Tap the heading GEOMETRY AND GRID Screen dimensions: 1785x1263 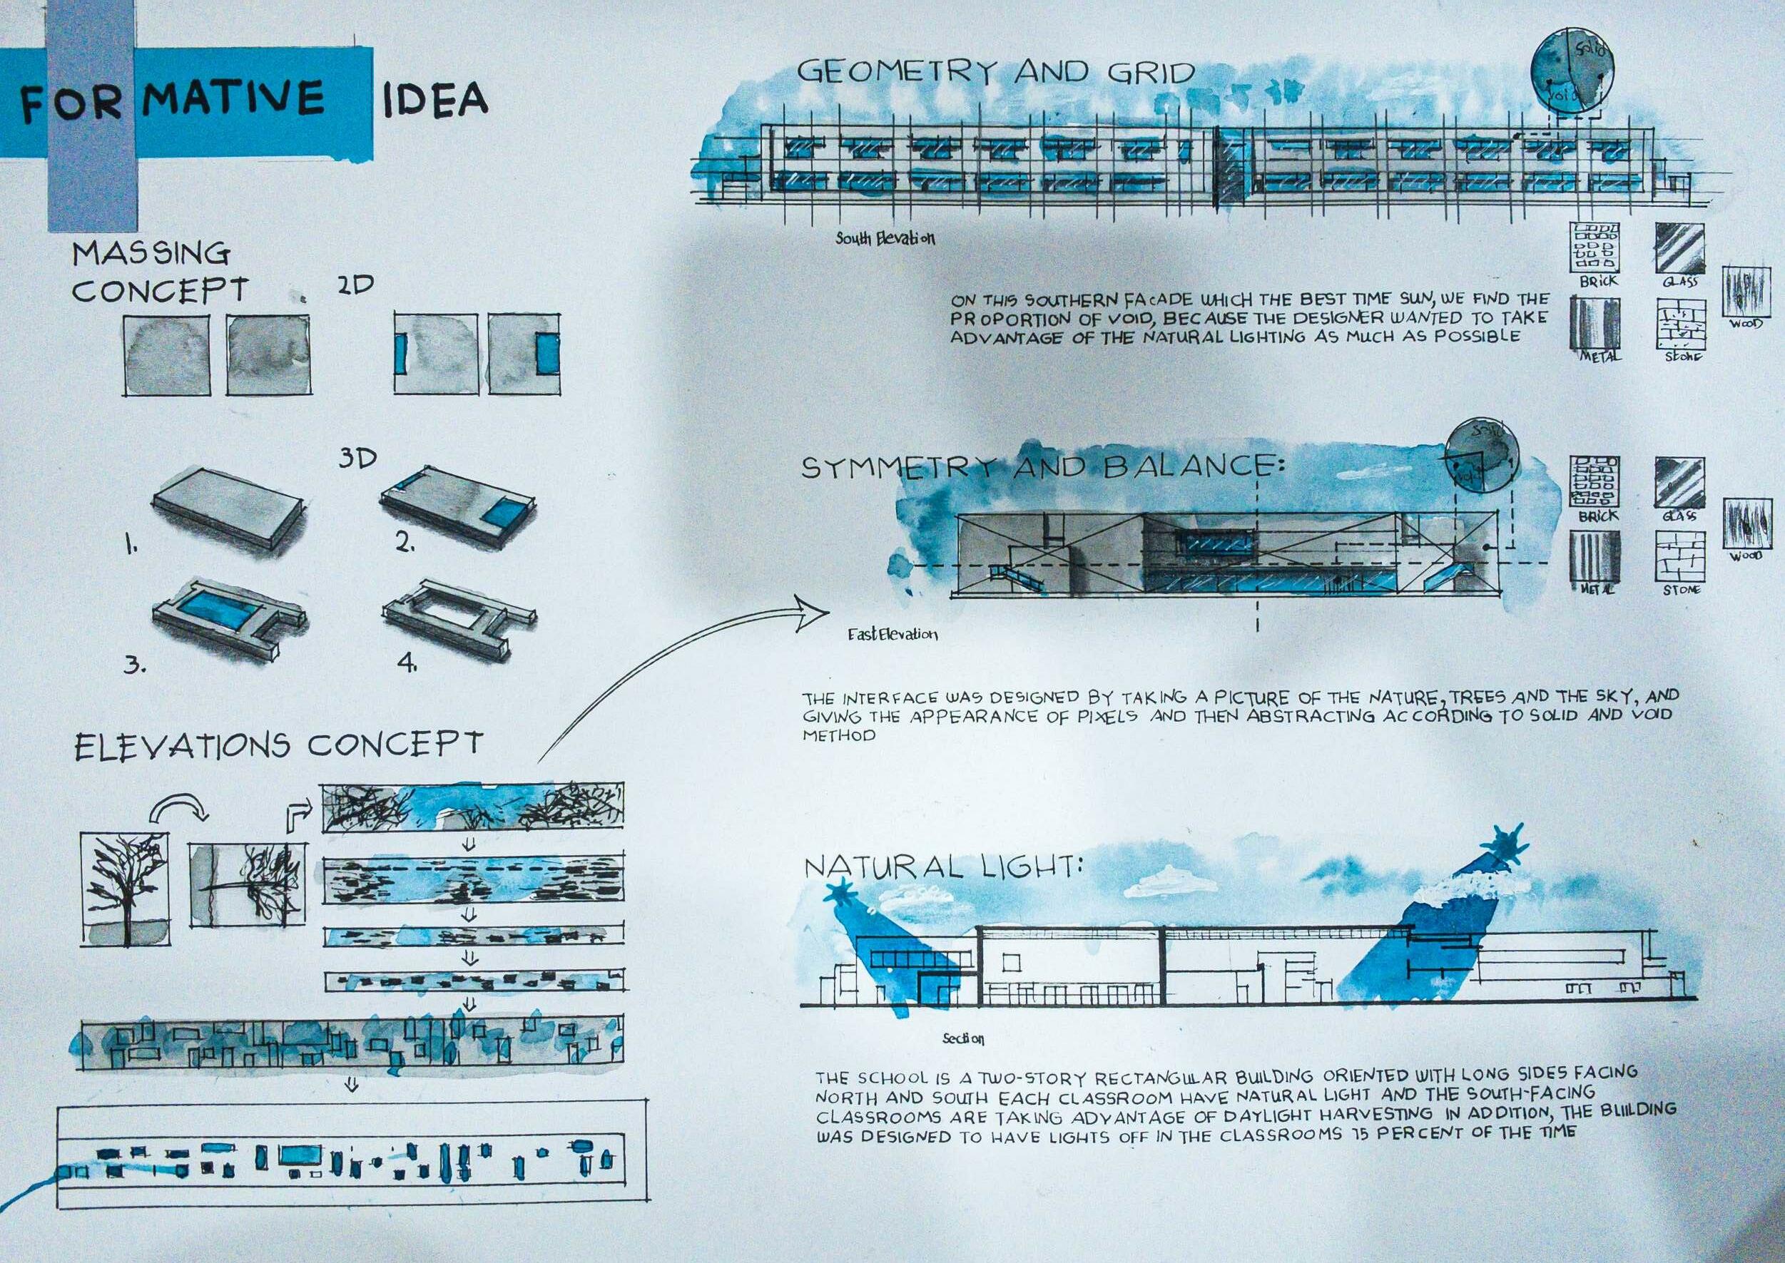coord(995,72)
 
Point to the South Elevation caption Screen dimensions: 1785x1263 coord(885,238)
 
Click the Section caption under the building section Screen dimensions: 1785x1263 coord(963,1038)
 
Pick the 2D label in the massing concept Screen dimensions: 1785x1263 coord(355,285)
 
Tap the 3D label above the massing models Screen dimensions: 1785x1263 coord(357,458)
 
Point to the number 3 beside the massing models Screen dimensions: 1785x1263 coord(134,665)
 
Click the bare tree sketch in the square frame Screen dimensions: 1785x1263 coord(124,887)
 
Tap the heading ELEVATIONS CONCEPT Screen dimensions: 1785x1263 coord(278,746)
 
